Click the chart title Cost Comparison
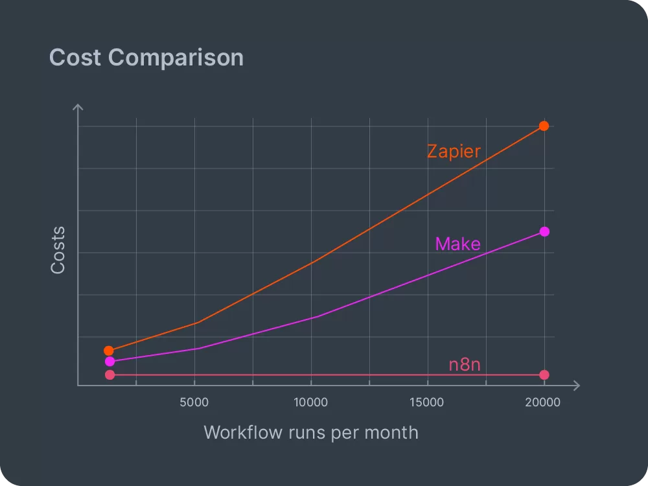146,58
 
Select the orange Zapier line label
454,152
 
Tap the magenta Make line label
457,244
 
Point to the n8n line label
465,365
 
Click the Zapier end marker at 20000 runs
544,126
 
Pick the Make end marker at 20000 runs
544,232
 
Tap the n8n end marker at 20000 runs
544,375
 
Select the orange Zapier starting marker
109,351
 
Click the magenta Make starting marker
110,362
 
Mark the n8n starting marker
110,375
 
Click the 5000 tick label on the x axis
194,402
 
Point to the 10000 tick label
311,402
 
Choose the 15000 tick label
427,402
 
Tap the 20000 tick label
543,402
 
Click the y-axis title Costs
58,249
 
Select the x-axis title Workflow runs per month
311,432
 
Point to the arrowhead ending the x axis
576,386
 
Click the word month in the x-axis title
391,432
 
